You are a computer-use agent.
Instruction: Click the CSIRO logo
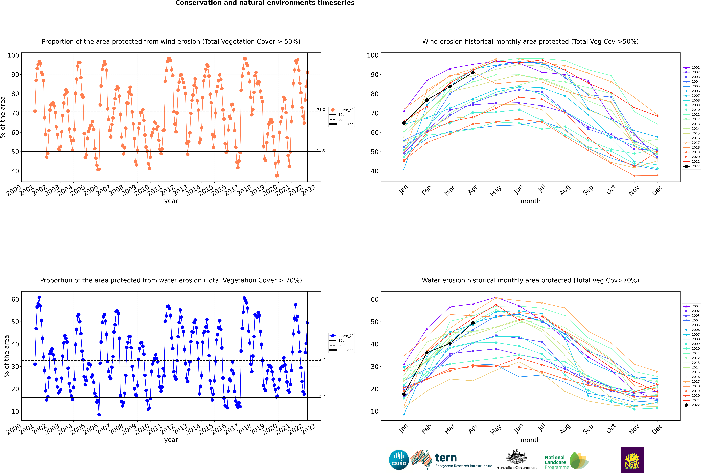399,460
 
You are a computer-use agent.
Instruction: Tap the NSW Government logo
632,459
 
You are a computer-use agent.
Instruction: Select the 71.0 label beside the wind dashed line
321,110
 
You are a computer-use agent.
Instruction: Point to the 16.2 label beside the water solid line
321,396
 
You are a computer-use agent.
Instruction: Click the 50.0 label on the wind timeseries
321,150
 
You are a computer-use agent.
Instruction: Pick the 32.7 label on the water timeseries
321,359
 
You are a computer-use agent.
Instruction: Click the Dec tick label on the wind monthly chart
657,190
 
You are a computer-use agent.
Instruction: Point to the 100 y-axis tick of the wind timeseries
13,55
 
